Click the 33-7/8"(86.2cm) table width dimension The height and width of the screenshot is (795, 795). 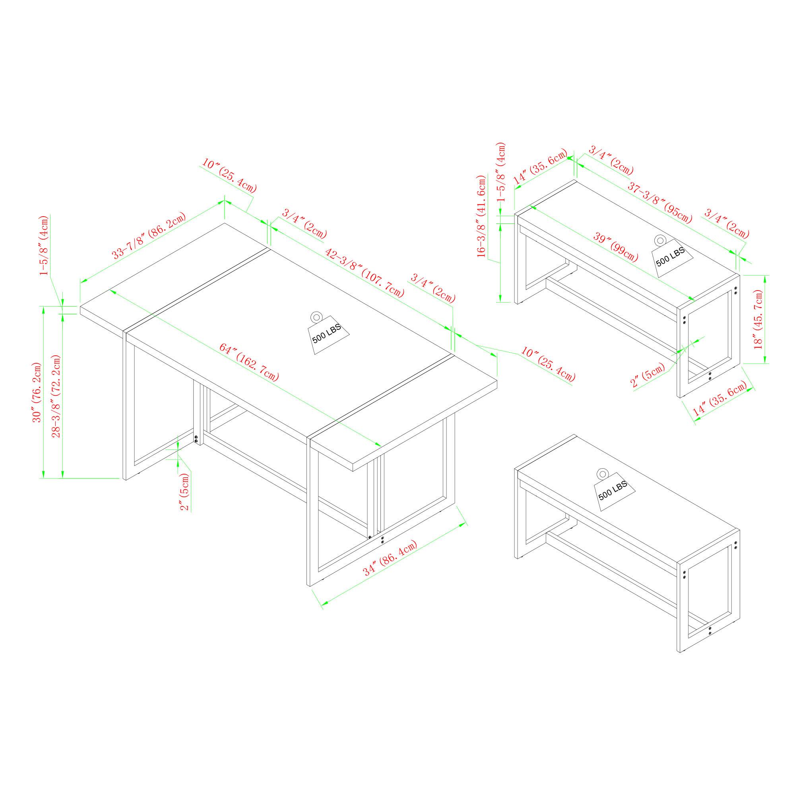point(149,235)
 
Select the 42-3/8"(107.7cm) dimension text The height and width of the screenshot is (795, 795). point(365,273)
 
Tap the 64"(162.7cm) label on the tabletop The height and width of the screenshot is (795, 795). point(249,363)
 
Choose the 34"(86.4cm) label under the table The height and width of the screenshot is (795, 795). point(390,558)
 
